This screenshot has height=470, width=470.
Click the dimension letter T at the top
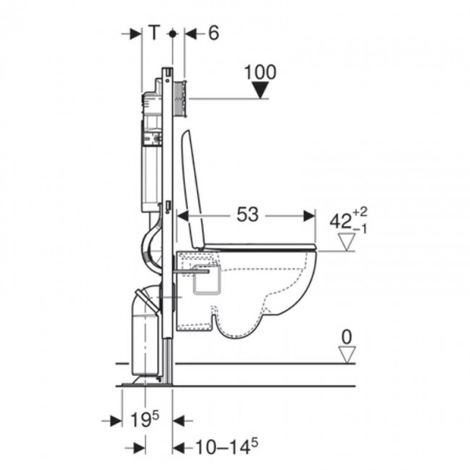[x=154, y=33]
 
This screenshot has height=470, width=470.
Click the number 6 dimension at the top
[x=213, y=33]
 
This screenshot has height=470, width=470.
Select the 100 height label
[x=260, y=72]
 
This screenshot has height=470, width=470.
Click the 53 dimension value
[x=247, y=215]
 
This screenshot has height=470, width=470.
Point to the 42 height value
[x=341, y=221]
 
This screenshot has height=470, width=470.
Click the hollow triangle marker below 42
[x=347, y=242]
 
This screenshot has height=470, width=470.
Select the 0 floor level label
[x=347, y=337]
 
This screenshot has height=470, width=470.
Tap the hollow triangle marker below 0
[x=347, y=355]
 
